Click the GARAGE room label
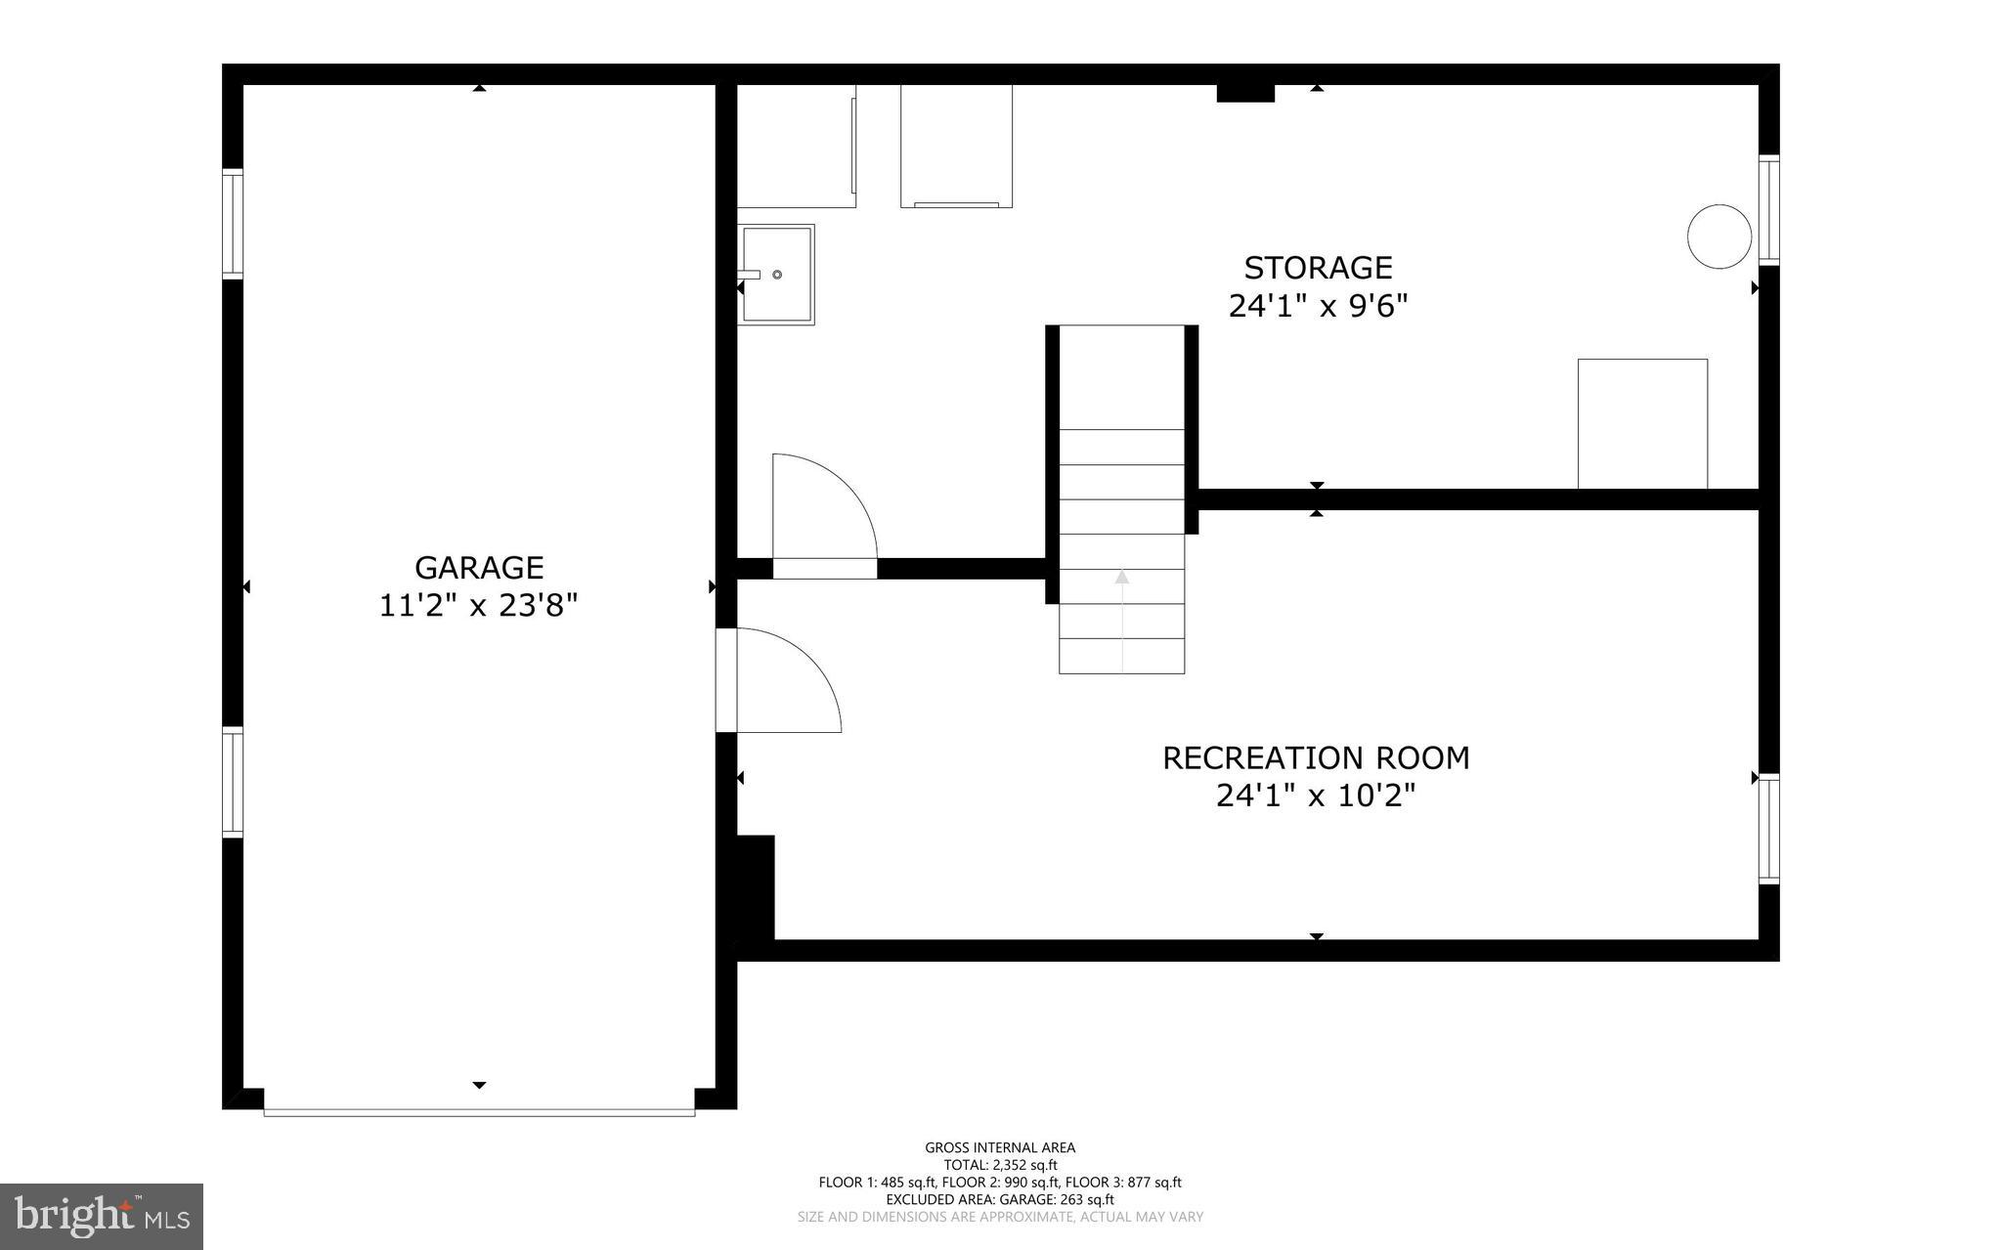point(478,568)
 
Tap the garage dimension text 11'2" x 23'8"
point(478,606)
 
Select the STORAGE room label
point(1317,268)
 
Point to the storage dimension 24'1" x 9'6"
point(1317,307)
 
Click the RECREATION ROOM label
point(1316,758)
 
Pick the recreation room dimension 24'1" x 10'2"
point(1316,797)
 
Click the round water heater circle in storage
point(1719,237)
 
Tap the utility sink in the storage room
point(776,275)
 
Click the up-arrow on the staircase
point(1122,578)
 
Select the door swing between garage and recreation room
point(782,680)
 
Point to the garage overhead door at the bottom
point(479,1112)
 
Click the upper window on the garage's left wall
point(232,224)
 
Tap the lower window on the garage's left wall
point(232,783)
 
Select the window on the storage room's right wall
point(1768,210)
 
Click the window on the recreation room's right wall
point(1768,830)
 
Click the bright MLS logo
point(102,1216)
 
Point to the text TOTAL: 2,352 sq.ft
point(1000,1165)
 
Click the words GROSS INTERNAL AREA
point(1000,1148)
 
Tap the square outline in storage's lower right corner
point(1642,423)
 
